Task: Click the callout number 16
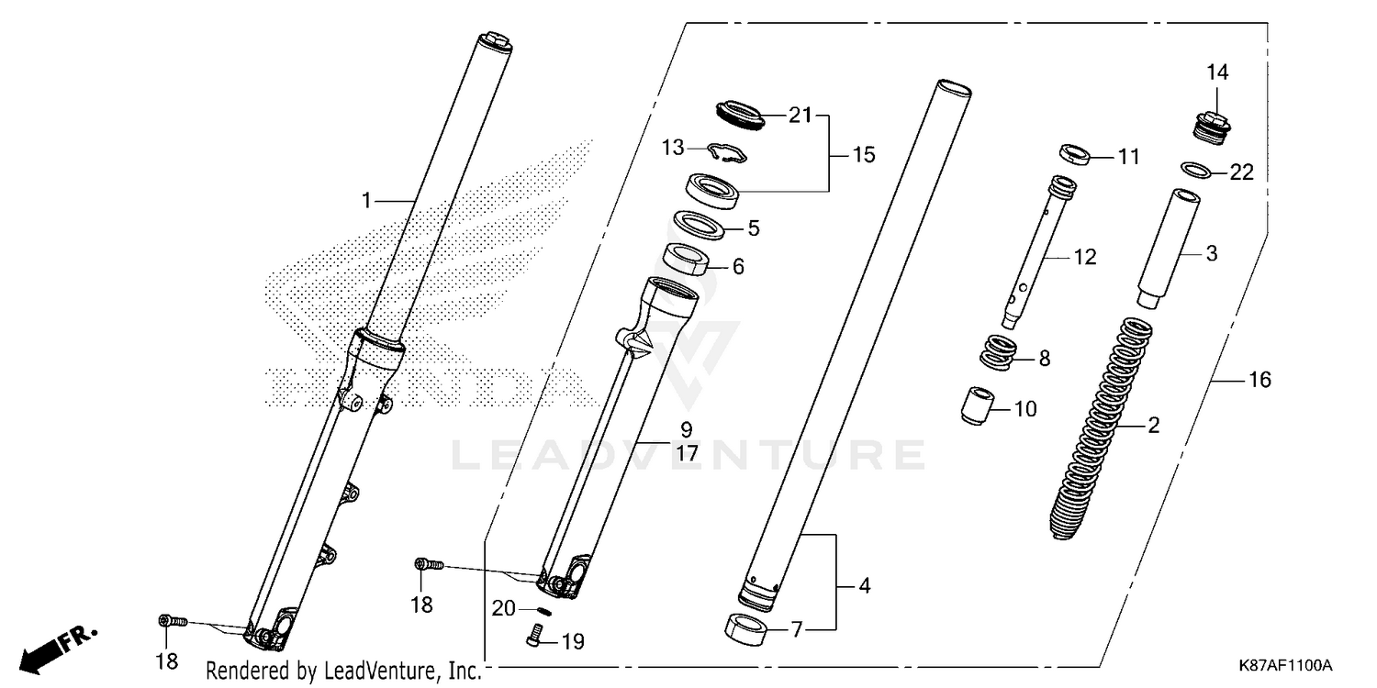point(1259,379)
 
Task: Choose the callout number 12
point(1084,258)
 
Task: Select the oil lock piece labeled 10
point(978,405)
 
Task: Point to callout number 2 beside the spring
point(1153,425)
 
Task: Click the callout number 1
point(366,200)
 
